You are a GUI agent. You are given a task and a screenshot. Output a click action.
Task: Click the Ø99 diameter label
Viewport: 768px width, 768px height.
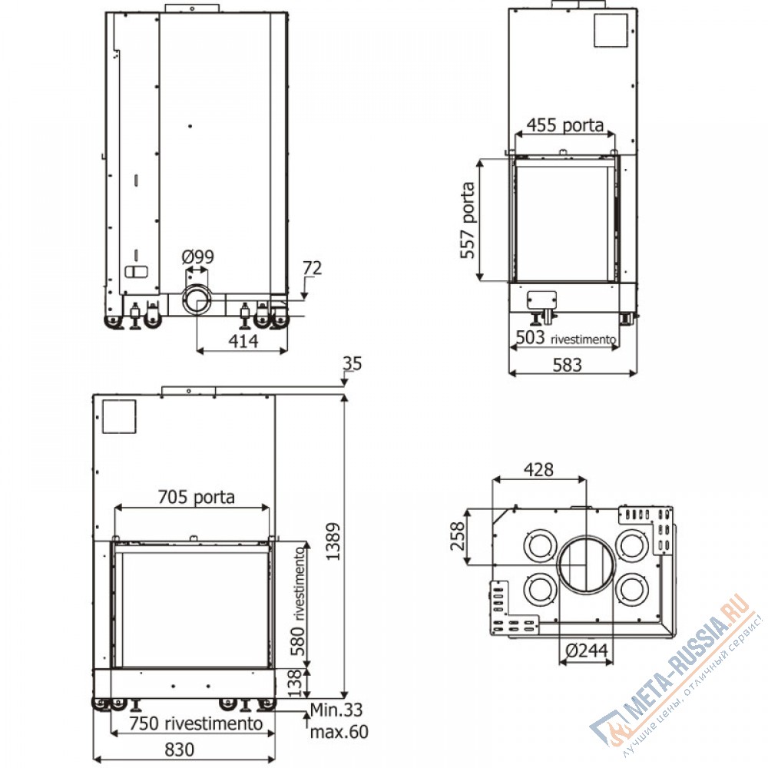198,257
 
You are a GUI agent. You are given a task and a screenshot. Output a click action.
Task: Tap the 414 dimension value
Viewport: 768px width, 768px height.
243,340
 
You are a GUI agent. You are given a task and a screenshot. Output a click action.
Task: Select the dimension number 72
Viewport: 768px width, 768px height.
313,268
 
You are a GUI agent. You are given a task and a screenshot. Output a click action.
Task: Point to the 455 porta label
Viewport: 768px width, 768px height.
564,125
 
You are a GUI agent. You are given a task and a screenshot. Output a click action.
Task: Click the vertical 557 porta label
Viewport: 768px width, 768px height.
468,220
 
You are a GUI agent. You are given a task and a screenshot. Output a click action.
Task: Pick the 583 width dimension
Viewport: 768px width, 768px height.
568,365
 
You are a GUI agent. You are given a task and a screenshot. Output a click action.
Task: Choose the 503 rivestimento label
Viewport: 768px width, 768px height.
566,337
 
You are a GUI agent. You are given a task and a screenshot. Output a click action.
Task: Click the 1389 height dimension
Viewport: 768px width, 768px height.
333,541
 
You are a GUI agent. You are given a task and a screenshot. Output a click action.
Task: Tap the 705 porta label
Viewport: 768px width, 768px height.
197,497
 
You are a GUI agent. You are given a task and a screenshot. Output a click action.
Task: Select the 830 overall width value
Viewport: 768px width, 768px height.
180,750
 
